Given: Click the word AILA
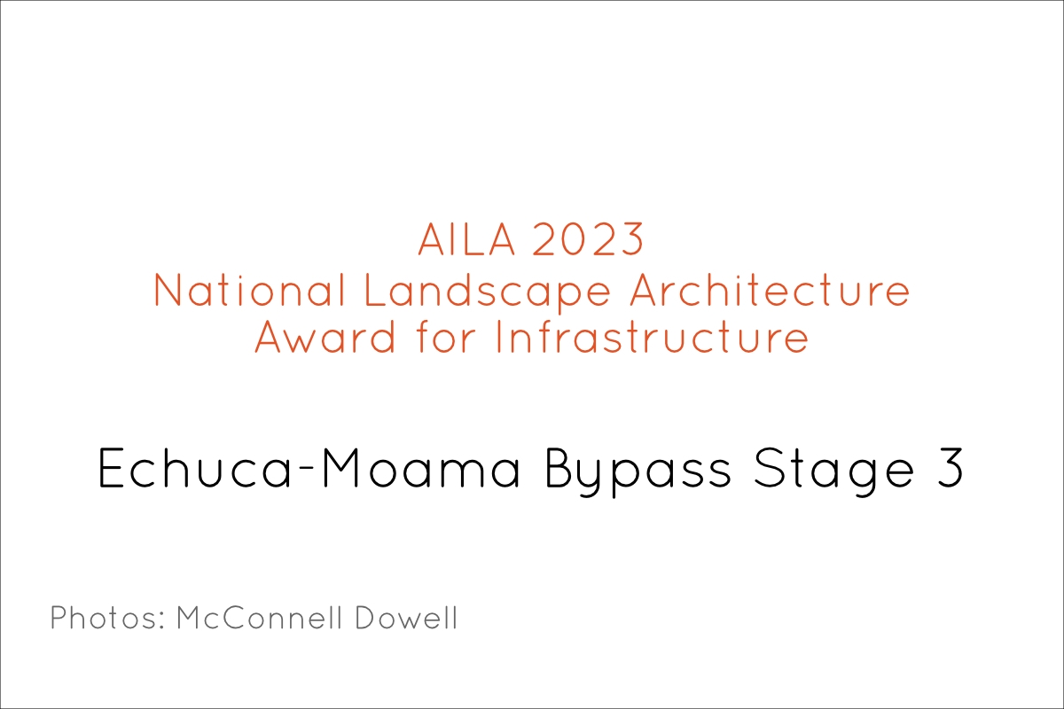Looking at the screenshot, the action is point(466,239).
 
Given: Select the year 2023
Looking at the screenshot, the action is point(588,239).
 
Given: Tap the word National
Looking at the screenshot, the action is point(250,290).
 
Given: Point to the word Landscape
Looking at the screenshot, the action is point(488,293).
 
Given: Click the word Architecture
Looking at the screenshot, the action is point(770,290).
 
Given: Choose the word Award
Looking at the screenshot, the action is point(325,337).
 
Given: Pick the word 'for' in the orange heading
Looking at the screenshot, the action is point(446,337).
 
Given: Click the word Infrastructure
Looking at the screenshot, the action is point(653,337).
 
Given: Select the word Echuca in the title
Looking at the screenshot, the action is point(194,468).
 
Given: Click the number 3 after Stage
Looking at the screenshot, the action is point(950,468).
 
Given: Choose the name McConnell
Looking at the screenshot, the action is point(259,618).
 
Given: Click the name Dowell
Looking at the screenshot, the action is point(406,618).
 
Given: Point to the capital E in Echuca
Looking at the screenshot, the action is point(111,468).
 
